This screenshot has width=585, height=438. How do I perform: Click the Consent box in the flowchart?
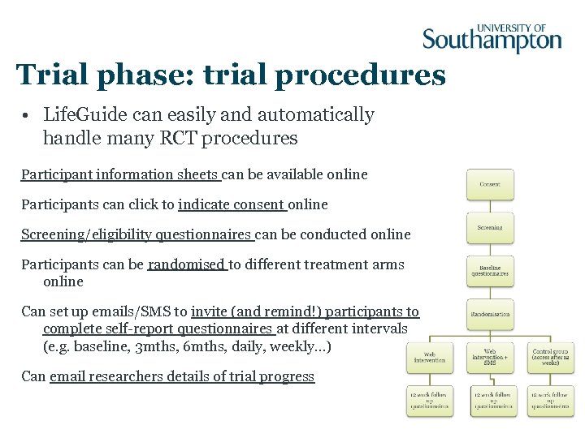point(490,184)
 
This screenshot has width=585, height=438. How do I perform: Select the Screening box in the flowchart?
point(490,228)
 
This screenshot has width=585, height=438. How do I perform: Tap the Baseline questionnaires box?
point(490,271)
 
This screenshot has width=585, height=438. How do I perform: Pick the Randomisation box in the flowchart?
point(490,314)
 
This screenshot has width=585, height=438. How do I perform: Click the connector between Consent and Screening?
point(490,206)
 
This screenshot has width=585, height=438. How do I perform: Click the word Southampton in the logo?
point(492,41)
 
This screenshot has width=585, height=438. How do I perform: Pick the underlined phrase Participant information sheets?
point(119,174)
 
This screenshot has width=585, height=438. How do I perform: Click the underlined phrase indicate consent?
point(231,204)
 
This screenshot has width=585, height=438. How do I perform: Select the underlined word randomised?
point(186,264)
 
